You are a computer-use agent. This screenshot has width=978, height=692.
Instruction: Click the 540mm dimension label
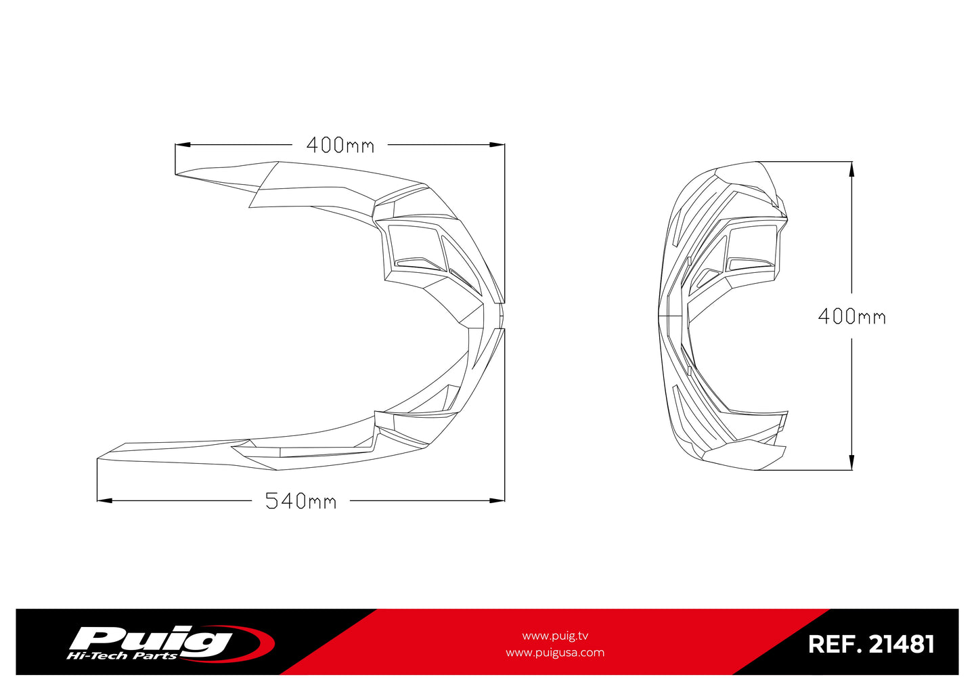[x=301, y=501]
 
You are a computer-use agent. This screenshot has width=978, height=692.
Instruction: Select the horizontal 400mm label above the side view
[x=340, y=145]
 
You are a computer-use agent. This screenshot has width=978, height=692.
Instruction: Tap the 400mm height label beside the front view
[x=851, y=316]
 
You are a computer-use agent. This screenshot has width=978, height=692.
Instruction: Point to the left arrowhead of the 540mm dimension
[x=104, y=500]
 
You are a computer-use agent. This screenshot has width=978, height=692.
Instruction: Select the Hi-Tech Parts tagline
[x=122, y=656]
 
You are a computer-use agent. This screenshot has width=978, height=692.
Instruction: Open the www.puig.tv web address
[x=555, y=636]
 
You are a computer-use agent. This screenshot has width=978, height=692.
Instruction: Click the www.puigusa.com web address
[x=555, y=653]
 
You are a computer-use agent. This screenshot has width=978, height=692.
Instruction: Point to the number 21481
[x=901, y=644]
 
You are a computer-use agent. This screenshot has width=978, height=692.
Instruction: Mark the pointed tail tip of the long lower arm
[x=99, y=459]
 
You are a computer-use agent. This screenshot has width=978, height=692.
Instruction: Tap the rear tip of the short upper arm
[x=177, y=174]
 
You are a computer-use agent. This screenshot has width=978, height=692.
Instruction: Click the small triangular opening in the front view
[x=708, y=276]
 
